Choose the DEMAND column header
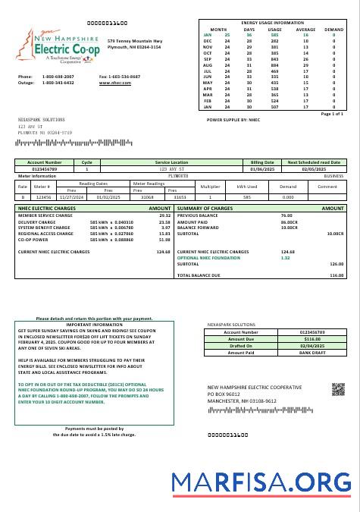(333, 29)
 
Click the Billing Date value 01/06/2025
(262, 168)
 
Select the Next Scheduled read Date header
(313, 162)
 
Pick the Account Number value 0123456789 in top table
(45, 168)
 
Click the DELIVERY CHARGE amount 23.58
(164, 221)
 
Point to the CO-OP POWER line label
(35, 239)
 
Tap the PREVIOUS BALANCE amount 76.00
(286, 215)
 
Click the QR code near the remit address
(337, 389)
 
